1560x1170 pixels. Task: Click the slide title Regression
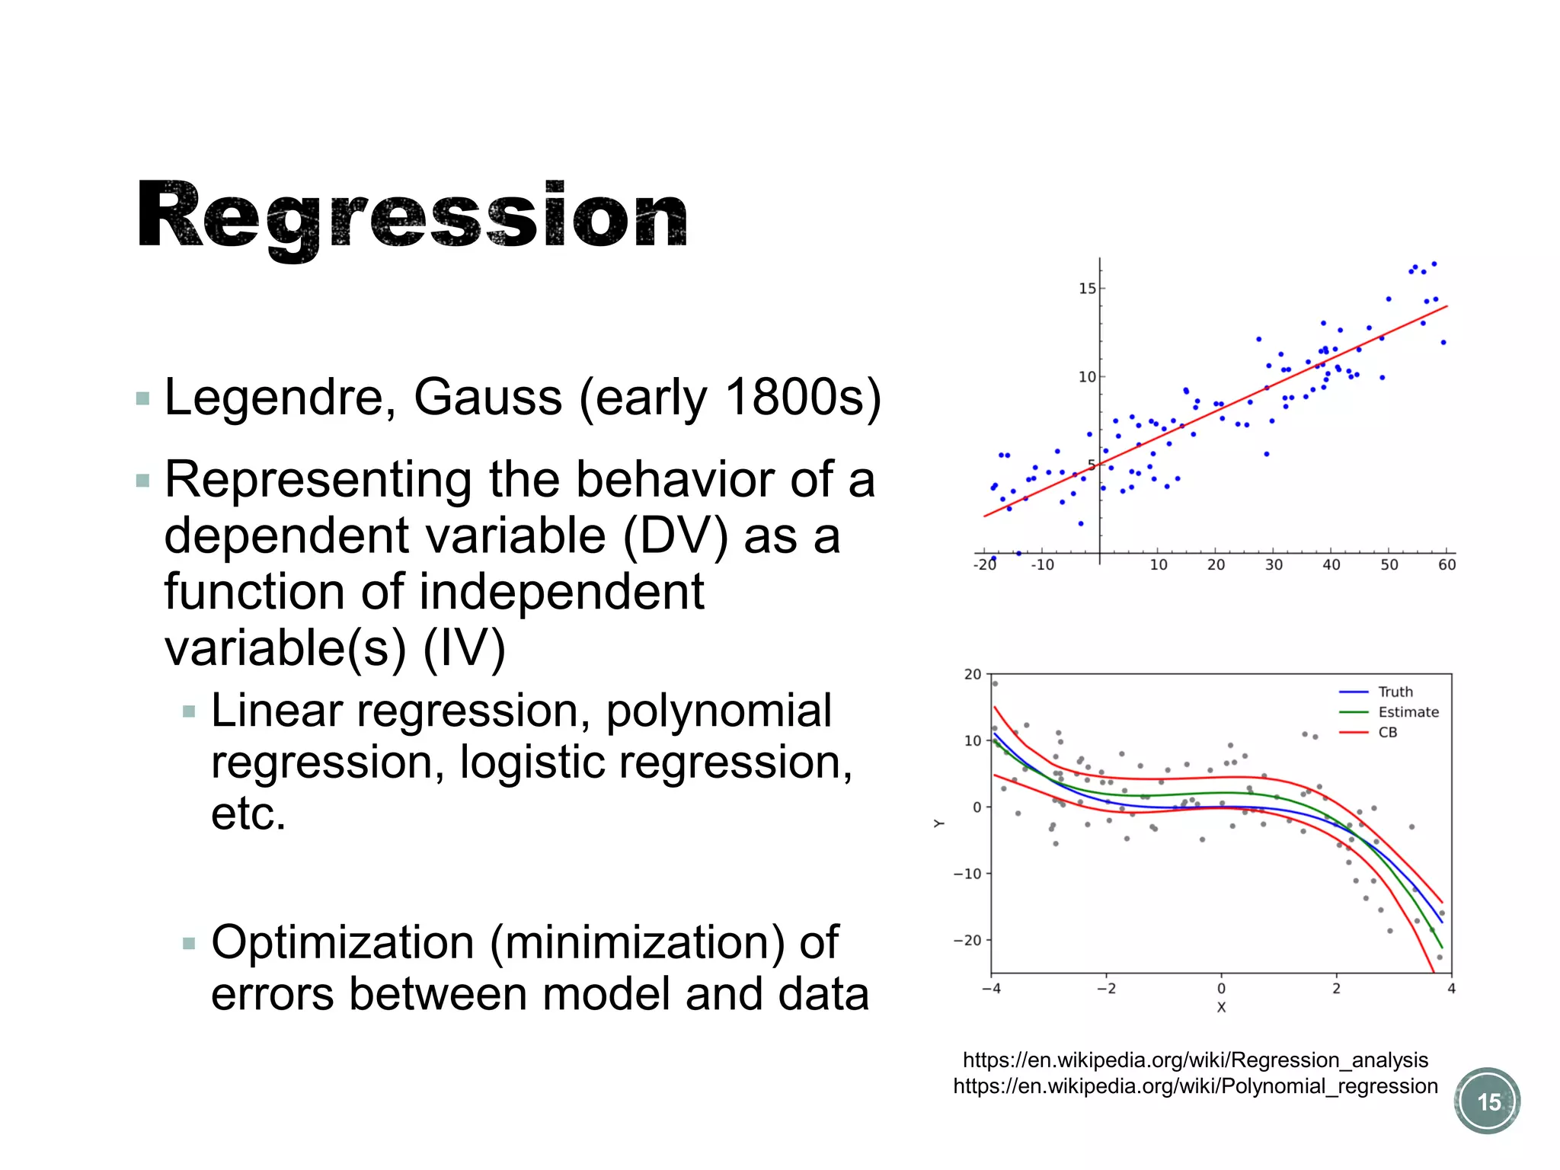[x=411, y=217]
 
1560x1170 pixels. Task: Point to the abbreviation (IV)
[x=464, y=648]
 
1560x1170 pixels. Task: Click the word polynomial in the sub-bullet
[x=718, y=711]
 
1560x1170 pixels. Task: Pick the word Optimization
[x=342, y=943]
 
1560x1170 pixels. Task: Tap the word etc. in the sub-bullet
[x=248, y=814]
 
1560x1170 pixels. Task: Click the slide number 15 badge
[x=1488, y=1101]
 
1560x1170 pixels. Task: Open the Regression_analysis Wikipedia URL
[x=1195, y=1060]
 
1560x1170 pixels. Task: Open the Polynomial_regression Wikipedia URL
[x=1195, y=1086]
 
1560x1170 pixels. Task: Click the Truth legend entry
[x=1395, y=692]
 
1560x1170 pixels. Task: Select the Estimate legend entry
[x=1408, y=712]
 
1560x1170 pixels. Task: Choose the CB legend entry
[x=1387, y=733]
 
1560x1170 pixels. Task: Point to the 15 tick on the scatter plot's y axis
[x=1087, y=289]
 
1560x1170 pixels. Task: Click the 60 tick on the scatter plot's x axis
[x=1447, y=565]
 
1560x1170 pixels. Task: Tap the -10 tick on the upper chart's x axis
[x=1042, y=565]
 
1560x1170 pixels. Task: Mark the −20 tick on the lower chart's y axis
[x=967, y=941]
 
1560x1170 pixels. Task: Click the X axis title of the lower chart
[x=1221, y=1008]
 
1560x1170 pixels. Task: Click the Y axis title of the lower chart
[x=939, y=823]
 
